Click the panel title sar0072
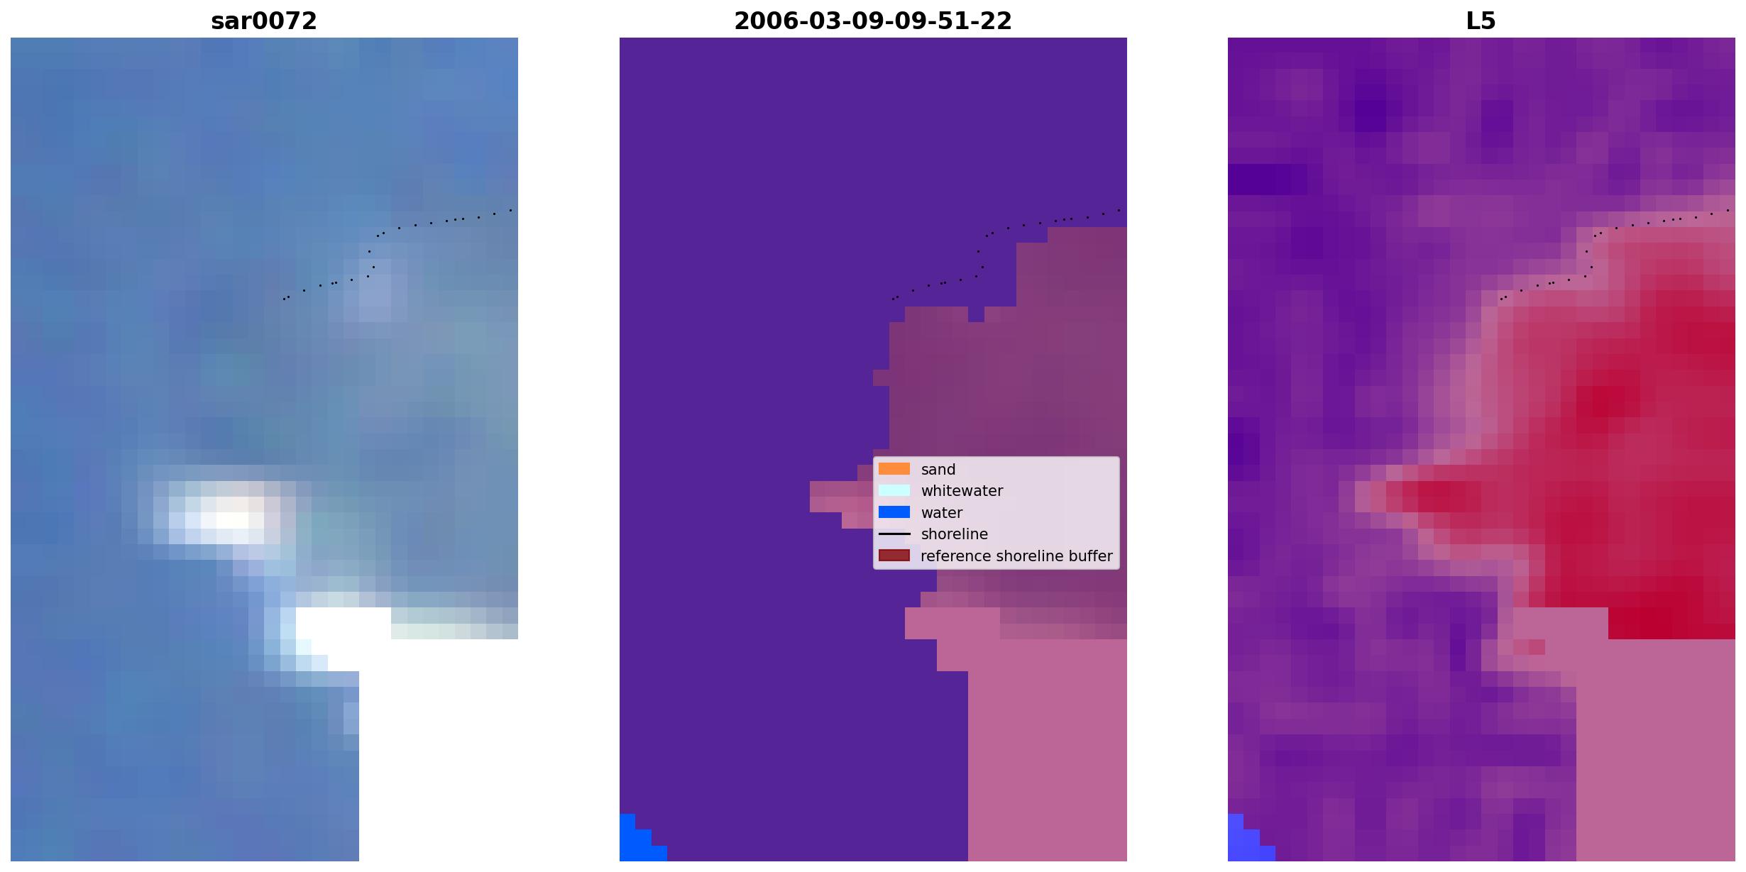tap(264, 21)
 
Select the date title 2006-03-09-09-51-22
tap(873, 21)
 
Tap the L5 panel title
tap(1481, 21)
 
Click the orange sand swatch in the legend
tap(894, 469)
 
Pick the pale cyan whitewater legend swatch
tap(894, 490)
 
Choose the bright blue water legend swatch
tap(894, 512)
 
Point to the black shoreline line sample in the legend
tap(894, 534)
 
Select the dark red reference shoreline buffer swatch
tap(894, 556)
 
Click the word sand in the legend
tap(938, 470)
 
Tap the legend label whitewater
tap(962, 491)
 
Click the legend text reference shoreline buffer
tap(1016, 556)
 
